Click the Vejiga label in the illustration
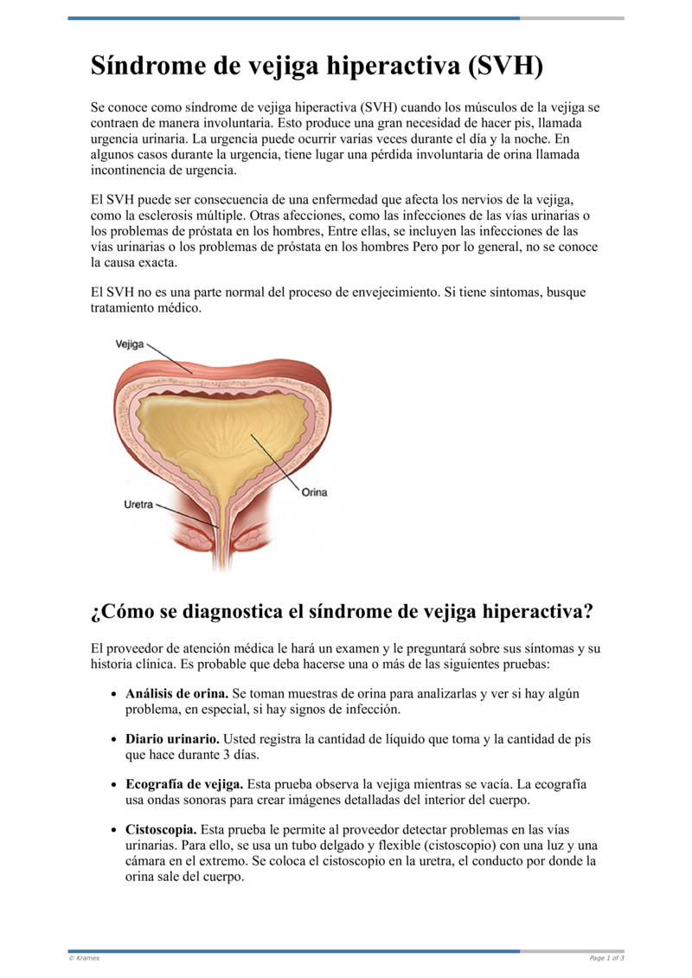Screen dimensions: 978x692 coord(130,344)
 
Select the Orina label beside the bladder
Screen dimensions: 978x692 coord(314,492)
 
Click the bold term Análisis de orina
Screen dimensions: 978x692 coord(176,694)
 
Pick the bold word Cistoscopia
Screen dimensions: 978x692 coord(161,830)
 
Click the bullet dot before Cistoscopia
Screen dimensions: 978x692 coord(116,830)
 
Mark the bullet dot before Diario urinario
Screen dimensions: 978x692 coord(116,740)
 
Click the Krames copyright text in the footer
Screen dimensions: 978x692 coord(84,958)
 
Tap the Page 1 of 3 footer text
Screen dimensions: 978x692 coord(606,958)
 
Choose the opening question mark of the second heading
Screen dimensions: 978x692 coord(95,613)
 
